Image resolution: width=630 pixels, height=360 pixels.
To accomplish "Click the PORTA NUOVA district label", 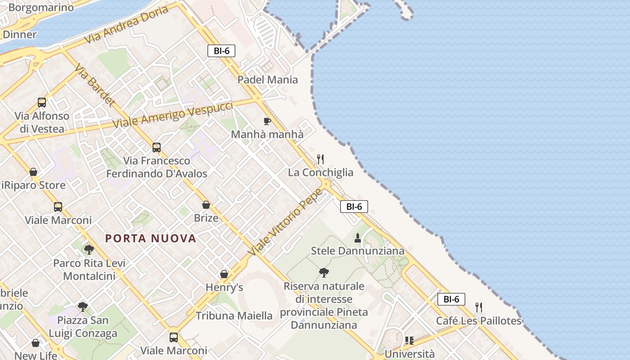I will (151, 238).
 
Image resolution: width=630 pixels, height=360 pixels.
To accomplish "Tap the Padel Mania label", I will (267, 80).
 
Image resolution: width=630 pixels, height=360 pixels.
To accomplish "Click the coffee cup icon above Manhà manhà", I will (267, 121).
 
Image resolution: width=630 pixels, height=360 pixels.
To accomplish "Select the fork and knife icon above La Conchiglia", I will (320, 159).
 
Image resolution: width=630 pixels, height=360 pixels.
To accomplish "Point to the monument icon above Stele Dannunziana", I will (358, 238).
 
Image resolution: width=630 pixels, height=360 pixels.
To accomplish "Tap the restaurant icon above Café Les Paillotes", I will (479, 307).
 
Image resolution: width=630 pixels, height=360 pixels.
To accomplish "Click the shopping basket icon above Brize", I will (206, 205).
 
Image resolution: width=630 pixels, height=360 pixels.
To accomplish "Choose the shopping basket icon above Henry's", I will (224, 274).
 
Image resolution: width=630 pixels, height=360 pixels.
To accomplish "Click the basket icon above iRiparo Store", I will (33, 172).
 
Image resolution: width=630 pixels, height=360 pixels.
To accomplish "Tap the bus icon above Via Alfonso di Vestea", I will (42, 103).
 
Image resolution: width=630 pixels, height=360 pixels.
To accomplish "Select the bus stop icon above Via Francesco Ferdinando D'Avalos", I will (157, 147).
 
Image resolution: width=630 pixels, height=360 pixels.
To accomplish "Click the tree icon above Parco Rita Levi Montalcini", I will (89, 249).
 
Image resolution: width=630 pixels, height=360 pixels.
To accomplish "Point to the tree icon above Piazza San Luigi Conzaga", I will (82, 307).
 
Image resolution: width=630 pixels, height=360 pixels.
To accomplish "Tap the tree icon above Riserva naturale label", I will (324, 272).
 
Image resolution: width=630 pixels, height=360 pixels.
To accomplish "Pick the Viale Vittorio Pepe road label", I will (285, 222).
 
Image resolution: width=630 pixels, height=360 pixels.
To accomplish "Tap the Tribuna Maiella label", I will (234, 315).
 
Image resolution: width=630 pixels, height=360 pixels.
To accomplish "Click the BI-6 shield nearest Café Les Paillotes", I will (451, 299).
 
